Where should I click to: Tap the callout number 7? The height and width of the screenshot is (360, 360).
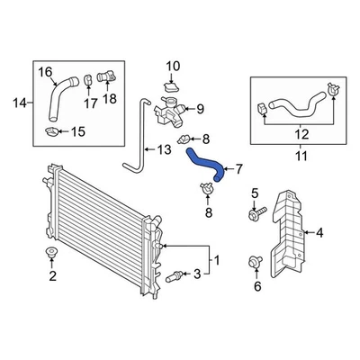click(x=239, y=168)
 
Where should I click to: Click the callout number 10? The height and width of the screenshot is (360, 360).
click(x=174, y=65)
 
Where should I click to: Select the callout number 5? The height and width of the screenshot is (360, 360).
click(x=255, y=193)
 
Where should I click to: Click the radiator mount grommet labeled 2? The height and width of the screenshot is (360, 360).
click(x=52, y=253)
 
